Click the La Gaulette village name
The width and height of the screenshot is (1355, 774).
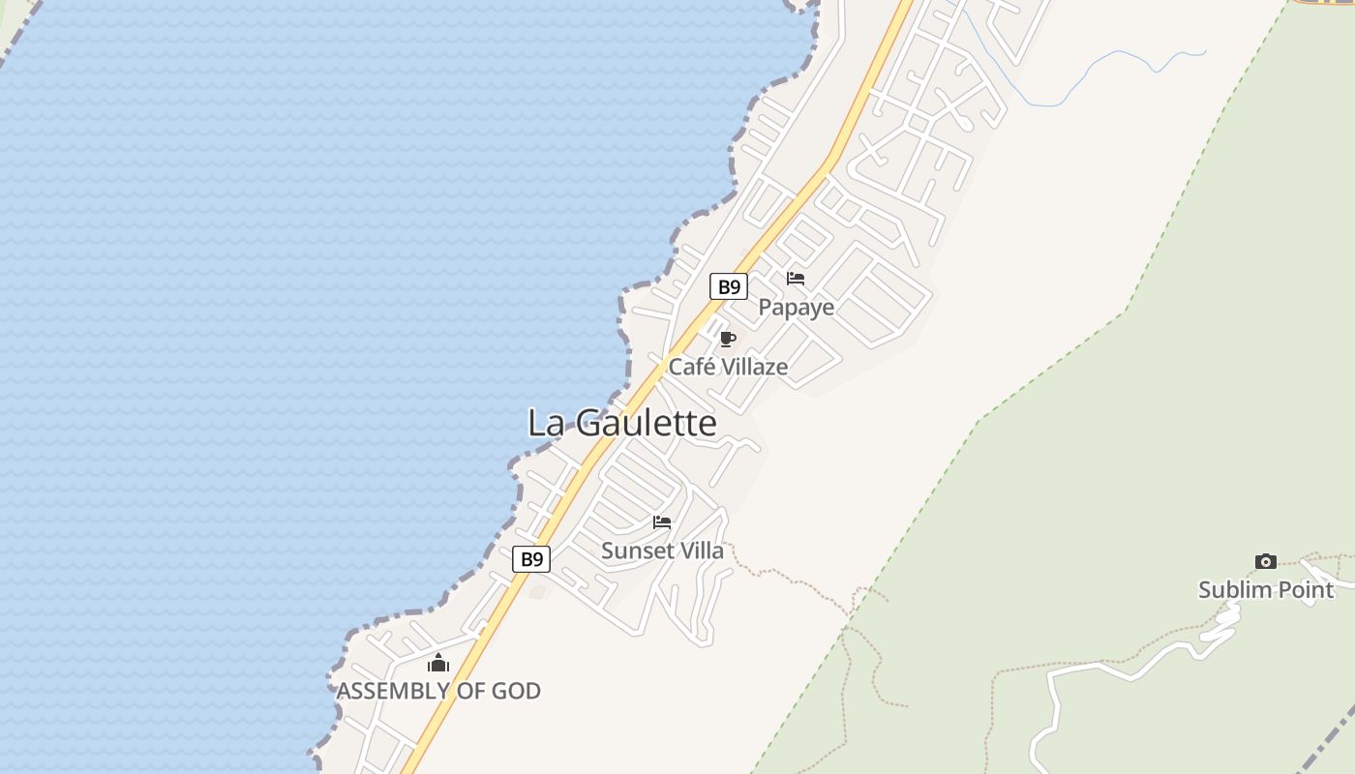click(622, 423)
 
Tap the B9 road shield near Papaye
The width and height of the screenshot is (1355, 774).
click(728, 286)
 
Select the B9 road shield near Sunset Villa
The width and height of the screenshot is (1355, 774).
click(530, 559)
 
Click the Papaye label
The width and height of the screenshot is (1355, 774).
click(796, 308)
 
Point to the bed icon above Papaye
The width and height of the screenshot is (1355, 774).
click(796, 279)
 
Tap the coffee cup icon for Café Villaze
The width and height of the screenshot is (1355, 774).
click(728, 339)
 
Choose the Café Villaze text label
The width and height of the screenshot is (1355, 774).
click(728, 367)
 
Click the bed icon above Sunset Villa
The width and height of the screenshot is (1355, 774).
click(662, 522)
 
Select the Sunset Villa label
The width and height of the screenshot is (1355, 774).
click(662, 551)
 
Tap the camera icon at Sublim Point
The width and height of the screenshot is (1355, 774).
click(1265, 561)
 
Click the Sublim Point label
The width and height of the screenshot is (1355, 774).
click(1266, 589)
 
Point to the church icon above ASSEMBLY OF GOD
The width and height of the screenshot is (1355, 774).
click(438, 663)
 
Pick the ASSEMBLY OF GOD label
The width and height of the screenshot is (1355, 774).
click(438, 691)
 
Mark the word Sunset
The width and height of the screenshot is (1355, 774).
click(636, 551)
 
